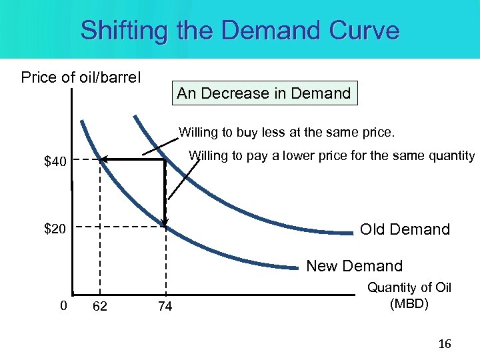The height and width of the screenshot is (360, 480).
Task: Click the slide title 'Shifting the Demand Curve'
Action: point(240,30)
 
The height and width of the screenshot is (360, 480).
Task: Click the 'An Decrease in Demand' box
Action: point(264,93)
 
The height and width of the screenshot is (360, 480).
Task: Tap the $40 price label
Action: point(55,161)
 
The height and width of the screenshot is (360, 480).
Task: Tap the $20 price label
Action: point(55,229)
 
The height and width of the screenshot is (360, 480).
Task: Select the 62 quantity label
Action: point(100,307)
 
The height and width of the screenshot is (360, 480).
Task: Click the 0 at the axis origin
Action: point(63,306)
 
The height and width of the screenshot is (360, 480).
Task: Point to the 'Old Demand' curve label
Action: point(405,229)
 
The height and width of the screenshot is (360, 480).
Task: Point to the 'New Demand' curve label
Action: point(354,266)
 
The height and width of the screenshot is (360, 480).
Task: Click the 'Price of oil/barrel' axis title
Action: point(81,77)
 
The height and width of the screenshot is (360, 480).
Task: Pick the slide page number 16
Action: point(445,344)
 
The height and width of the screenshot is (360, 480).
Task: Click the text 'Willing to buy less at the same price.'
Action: point(287,133)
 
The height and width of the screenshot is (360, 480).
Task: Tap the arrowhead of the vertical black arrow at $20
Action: point(165,223)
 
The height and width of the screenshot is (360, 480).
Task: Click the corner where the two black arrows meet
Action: point(165,159)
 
